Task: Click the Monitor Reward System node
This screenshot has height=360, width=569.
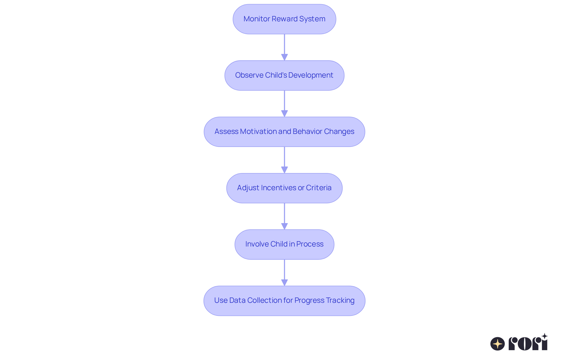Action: click(284, 19)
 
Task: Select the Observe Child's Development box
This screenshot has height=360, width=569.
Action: click(284, 75)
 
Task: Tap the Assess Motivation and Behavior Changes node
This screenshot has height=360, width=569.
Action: click(284, 132)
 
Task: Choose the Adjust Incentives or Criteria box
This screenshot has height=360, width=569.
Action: click(284, 188)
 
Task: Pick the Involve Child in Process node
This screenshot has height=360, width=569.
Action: click(284, 244)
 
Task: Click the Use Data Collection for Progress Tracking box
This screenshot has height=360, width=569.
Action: click(284, 300)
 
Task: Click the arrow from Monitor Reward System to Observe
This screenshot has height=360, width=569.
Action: click(284, 47)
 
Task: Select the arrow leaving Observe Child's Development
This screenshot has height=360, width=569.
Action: click(284, 104)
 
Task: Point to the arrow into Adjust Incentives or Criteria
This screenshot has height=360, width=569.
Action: click(284, 160)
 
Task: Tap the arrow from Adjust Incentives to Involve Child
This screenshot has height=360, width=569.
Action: click(284, 216)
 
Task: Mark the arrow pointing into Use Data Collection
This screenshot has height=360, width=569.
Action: click(284, 273)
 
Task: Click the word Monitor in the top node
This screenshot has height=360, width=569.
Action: click(257, 19)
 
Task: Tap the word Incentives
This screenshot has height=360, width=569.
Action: click(279, 188)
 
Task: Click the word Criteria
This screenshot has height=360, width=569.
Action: click(319, 188)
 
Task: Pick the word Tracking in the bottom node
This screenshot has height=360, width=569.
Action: click(341, 300)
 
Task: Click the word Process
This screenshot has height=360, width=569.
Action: click(310, 244)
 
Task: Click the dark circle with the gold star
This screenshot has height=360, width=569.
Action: click(498, 344)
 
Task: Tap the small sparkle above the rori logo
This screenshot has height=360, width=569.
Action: click(544, 336)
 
